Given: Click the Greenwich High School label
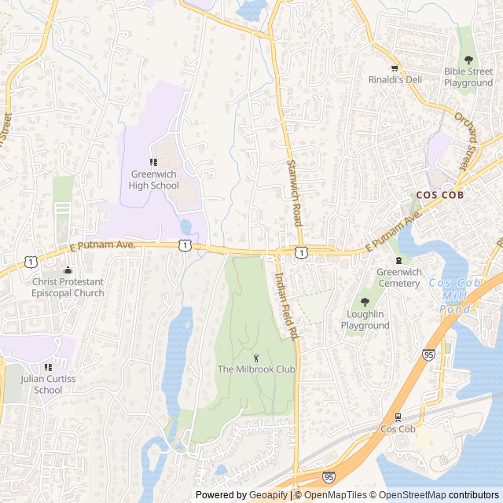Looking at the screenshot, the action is (154, 180).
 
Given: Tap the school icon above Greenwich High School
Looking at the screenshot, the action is (154, 162).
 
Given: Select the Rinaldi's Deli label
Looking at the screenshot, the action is (395, 79).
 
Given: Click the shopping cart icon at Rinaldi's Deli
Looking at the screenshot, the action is (395, 68).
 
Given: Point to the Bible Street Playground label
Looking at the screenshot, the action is (468, 77).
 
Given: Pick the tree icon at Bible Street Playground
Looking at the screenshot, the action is (468, 60).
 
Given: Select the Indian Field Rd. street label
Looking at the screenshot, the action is (286, 306).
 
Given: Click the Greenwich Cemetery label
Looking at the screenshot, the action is (399, 277).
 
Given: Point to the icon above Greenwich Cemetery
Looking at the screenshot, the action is (399, 260).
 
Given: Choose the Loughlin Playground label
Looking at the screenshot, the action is (365, 320).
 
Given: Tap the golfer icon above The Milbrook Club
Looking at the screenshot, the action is (255, 358).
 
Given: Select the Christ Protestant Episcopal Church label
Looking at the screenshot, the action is (68, 288).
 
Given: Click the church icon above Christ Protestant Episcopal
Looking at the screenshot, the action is (68, 270).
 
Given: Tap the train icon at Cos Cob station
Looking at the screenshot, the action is (398, 417).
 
